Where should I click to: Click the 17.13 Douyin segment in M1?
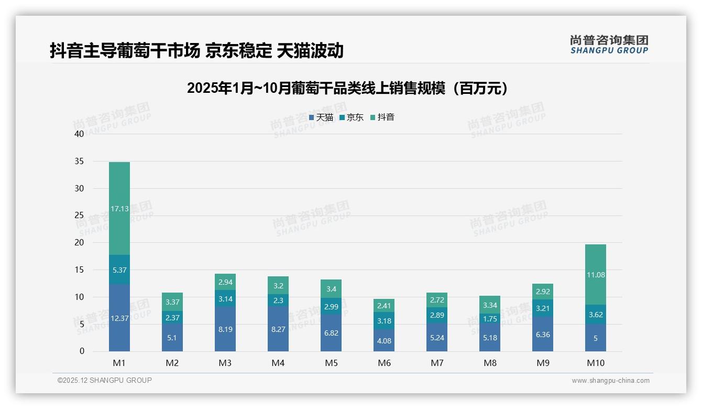point(119,209)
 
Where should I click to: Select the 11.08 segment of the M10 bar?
point(596,275)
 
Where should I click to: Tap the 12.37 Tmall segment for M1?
point(119,318)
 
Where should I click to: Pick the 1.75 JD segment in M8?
point(490,319)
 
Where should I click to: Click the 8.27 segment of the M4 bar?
point(278,329)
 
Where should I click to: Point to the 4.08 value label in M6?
point(384,341)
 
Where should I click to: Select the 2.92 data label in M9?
point(543,292)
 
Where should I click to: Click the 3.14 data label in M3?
point(225,299)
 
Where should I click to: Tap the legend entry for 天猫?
point(321,117)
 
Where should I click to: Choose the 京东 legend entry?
point(352,117)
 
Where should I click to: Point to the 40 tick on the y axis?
point(79,134)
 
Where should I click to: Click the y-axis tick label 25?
point(79,216)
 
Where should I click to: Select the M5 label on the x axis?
point(331,363)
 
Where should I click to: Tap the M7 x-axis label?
point(437,363)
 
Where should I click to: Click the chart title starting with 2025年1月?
point(347,88)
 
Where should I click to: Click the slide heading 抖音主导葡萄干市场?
point(196,51)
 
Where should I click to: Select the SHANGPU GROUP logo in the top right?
point(609,45)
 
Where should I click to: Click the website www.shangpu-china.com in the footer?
point(610,381)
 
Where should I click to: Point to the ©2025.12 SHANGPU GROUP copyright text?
point(105,380)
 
